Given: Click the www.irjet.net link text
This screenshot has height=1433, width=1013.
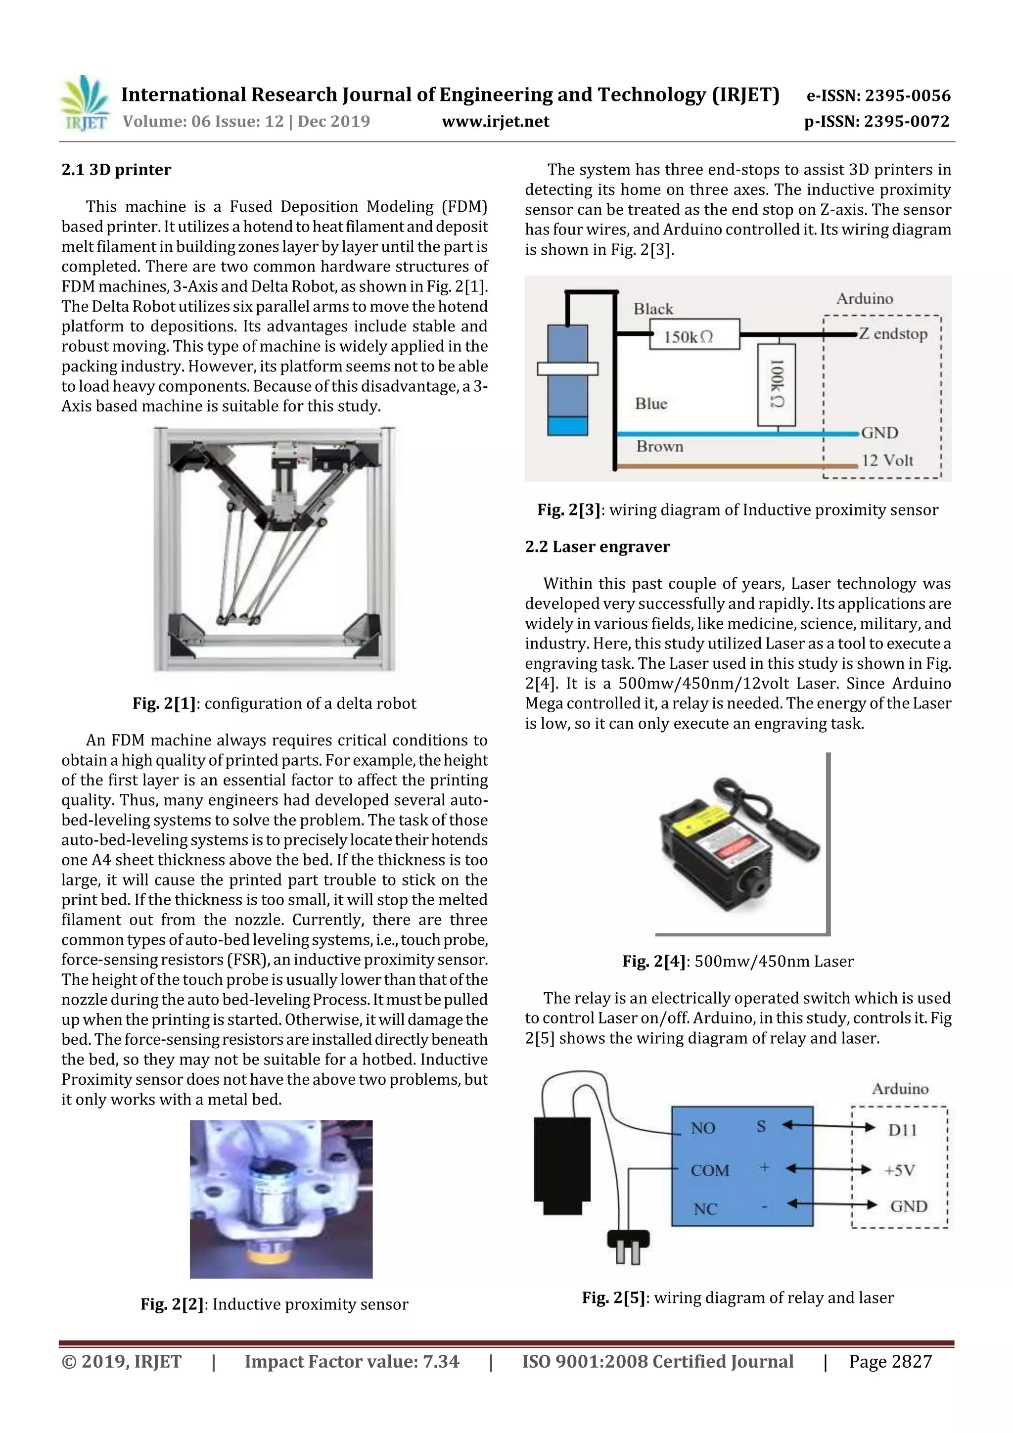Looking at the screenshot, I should click(x=495, y=122).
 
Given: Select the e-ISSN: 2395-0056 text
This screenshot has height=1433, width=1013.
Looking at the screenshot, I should click(x=877, y=95).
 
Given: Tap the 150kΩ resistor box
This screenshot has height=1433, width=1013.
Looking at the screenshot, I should click(x=694, y=334).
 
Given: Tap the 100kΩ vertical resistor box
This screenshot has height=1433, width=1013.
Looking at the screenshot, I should click(x=776, y=384).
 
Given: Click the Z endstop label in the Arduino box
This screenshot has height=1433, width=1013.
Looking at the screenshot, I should click(x=892, y=334).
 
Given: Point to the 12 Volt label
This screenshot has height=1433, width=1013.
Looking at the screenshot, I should click(x=887, y=461).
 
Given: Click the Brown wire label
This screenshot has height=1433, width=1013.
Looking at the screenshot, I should click(x=659, y=446).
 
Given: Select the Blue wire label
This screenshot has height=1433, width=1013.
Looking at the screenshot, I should click(x=651, y=404).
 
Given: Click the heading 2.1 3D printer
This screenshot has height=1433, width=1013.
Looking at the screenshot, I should click(x=116, y=170).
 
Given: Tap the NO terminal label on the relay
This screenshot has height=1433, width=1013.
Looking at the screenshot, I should click(x=702, y=1128).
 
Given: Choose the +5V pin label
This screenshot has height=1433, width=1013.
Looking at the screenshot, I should click(x=899, y=1170).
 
